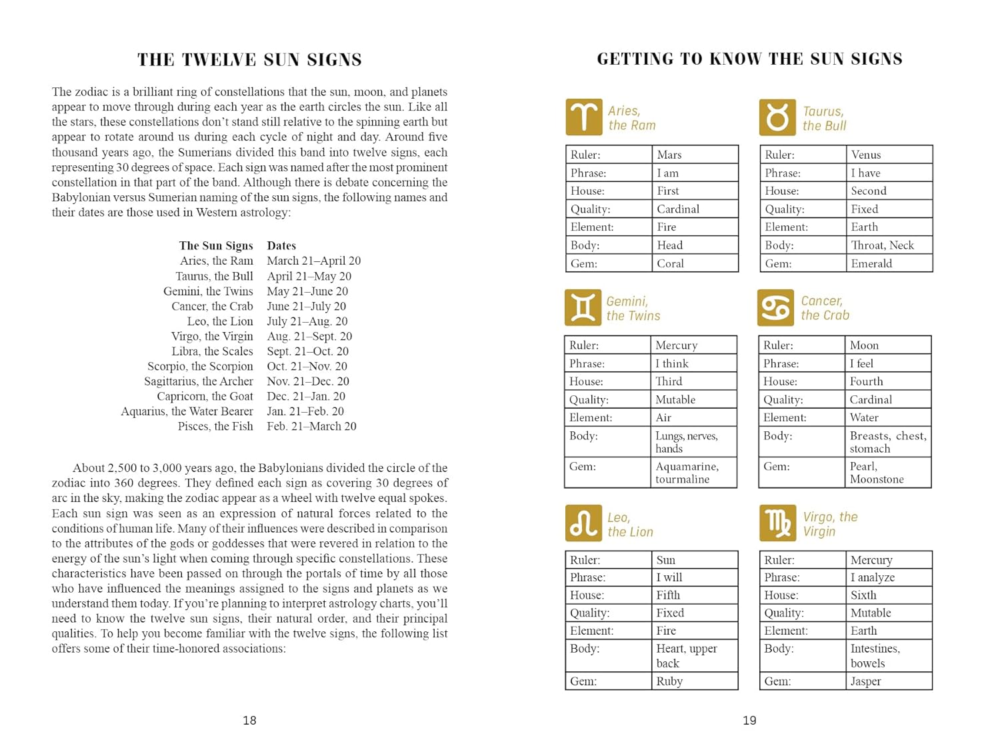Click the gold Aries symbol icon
click(584, 117)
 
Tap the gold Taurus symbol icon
click(777, 117)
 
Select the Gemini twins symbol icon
click(583, 307)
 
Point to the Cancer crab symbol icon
click(776, 307)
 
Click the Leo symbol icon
click(583, 523)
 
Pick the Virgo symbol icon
click(777, 523)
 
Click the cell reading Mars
click(694, 155)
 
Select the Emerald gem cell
click(889, 263)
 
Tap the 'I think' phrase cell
click(693, 363)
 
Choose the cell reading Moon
click(887, 345)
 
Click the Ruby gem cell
click(694, 681)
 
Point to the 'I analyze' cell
click(889, 577)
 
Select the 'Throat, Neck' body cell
click(889, 245)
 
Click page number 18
click(249, 720)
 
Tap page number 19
click(749, 720)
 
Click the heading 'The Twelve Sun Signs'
click(249, 60)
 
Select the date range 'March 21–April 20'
click(313, 261)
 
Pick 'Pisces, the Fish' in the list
click(215, 426)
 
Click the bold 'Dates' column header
click(281, 245)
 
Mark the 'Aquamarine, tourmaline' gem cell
click(693, 473)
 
